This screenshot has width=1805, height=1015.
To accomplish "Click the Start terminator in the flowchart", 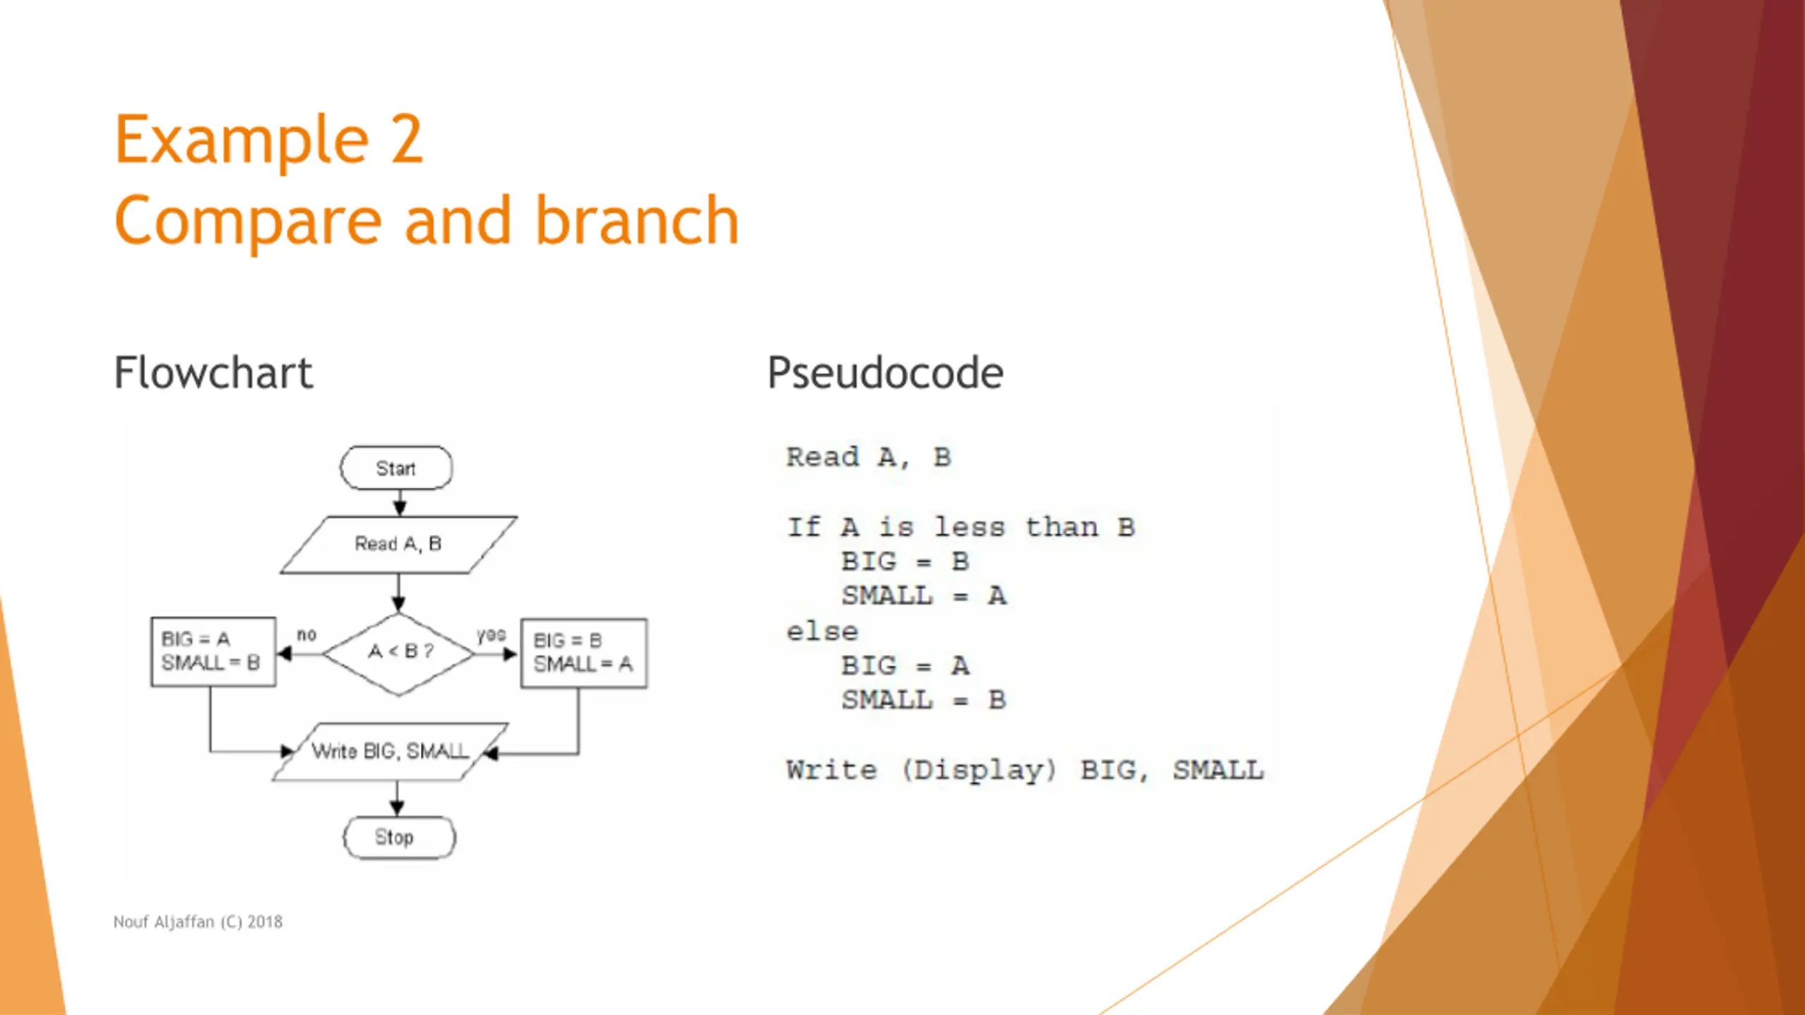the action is point(396,467).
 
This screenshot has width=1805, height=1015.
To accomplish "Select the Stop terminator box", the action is point(399,837).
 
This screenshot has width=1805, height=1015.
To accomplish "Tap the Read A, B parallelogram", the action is point(398,544).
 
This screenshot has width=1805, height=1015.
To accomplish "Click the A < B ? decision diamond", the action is point(398,653).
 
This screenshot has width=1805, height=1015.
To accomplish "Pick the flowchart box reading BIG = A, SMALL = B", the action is point(213,651).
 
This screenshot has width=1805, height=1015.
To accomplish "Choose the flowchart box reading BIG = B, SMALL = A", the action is point(584,653).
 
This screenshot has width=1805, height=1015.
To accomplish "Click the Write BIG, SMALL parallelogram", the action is point(390,751).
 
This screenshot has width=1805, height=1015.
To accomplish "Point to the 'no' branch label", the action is point(307,635).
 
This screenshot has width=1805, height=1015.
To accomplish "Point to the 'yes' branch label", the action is point(491,635).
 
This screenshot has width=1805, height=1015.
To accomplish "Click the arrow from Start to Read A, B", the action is point(400,503).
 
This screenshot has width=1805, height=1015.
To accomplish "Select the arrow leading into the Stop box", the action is point(397,799).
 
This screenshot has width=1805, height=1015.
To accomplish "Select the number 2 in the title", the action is point(407,140).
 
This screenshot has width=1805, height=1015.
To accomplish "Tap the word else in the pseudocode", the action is point(822,632).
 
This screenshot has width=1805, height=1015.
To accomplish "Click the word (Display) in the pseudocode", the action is point(979,770).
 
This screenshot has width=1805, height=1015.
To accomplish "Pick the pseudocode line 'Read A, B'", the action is point(869,457).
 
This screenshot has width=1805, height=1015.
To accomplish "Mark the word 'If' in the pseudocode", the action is point(804,527).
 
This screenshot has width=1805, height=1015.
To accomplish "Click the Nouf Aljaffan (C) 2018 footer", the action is point(198,922).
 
